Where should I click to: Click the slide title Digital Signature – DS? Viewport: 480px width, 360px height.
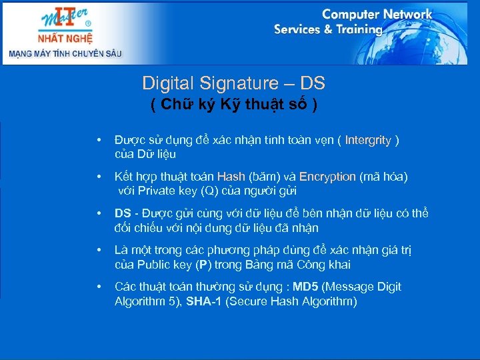(x=233, y=83)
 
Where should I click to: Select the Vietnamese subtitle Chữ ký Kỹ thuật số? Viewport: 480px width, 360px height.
(x=233, y=105)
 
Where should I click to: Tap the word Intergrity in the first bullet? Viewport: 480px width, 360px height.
(x=368, y=140)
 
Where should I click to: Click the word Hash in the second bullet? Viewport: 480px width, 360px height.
(x=231, y=177)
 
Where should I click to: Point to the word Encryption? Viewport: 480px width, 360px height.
(x=327, y=177)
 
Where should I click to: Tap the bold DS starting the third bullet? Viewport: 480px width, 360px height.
(x=123, y=213)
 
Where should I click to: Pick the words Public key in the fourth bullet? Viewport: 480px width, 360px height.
(x=165, y=265)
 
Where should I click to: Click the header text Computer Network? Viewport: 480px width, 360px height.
(x=377, y=14)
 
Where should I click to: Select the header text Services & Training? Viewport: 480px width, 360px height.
(x=328, y=29)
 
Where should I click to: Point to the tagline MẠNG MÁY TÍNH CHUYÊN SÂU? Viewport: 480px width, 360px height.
(x=65, y=53)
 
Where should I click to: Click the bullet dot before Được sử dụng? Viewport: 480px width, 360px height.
(x=99, y=141)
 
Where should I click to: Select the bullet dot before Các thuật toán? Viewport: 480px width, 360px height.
(x=99, y=287)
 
